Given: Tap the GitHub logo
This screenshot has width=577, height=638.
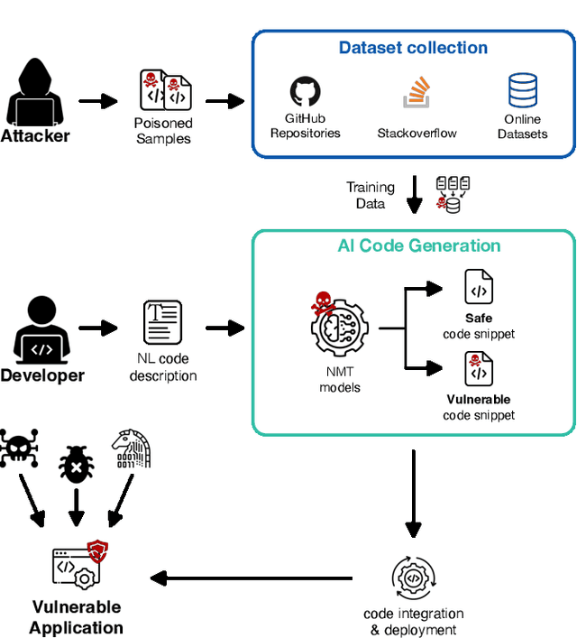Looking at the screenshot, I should (305, 92).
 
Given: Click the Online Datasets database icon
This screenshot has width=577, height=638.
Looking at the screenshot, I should (522, 92).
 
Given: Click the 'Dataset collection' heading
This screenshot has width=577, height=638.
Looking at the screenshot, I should (413, 48).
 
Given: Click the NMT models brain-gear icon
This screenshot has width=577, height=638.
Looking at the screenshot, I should (340, 325).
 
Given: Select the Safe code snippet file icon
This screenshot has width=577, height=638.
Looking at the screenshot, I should (478, 287).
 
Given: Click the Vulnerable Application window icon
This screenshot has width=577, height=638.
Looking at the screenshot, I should (78, 567).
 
